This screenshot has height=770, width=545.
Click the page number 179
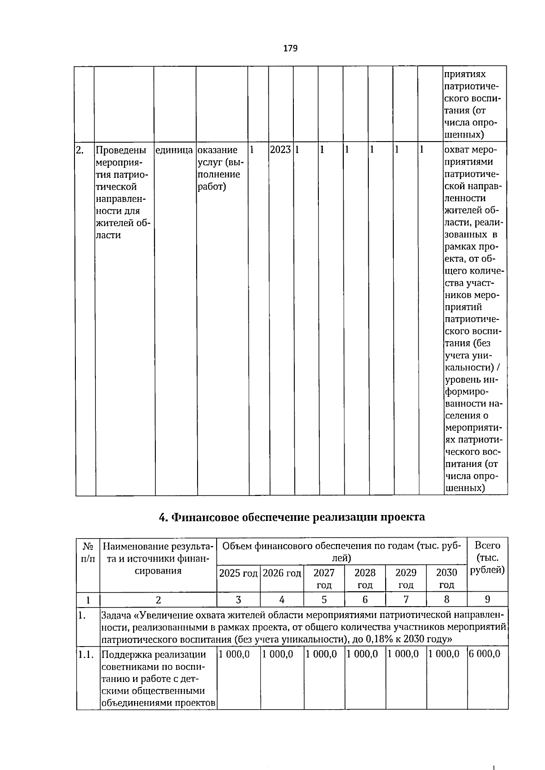[290, 48]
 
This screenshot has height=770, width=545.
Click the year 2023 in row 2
[280, 150]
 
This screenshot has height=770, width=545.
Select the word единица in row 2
[174, 150]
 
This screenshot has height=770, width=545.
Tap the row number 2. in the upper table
[80, 150]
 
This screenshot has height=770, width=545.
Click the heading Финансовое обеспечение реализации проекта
[292, 517]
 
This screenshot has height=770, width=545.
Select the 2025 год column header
[238, 573]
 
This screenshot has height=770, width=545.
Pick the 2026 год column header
[282, 573]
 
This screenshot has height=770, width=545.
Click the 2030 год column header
[446, 579]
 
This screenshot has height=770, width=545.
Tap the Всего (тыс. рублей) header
[487, 558]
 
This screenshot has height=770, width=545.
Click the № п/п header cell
[88, 552]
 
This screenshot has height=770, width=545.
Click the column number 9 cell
[487, 599]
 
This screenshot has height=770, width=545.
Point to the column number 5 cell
[324, 599]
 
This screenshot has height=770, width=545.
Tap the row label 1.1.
[86, 654]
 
